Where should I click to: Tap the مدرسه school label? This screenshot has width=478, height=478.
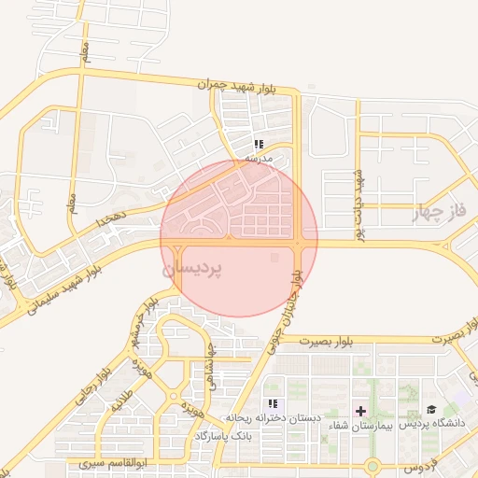[258, 159]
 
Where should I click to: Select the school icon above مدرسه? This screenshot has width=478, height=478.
[259, 145]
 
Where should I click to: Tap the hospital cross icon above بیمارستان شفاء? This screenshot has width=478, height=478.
[360, 410]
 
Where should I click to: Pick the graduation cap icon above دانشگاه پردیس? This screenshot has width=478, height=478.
[431, 409]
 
